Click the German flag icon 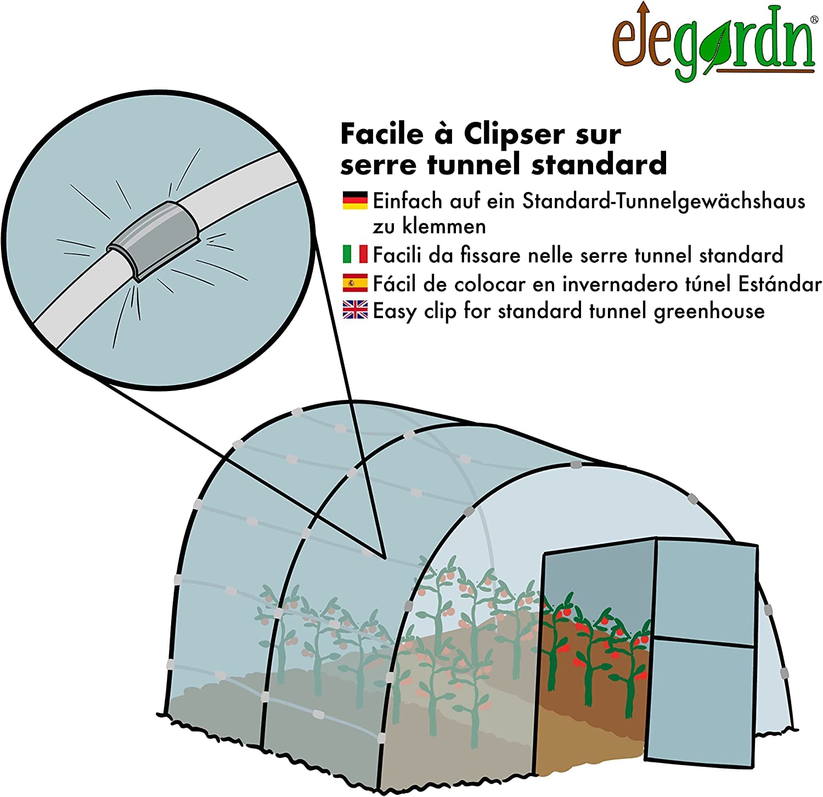(x=355, y=200)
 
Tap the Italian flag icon (x=355, y=254)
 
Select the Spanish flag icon (x=355, y=283)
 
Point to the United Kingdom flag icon (x=355, y=310)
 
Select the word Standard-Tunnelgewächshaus (x=664, y=201)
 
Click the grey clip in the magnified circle (x=153, y=242)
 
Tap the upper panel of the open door (x=707, y=592)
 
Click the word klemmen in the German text (x=444, y=226)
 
